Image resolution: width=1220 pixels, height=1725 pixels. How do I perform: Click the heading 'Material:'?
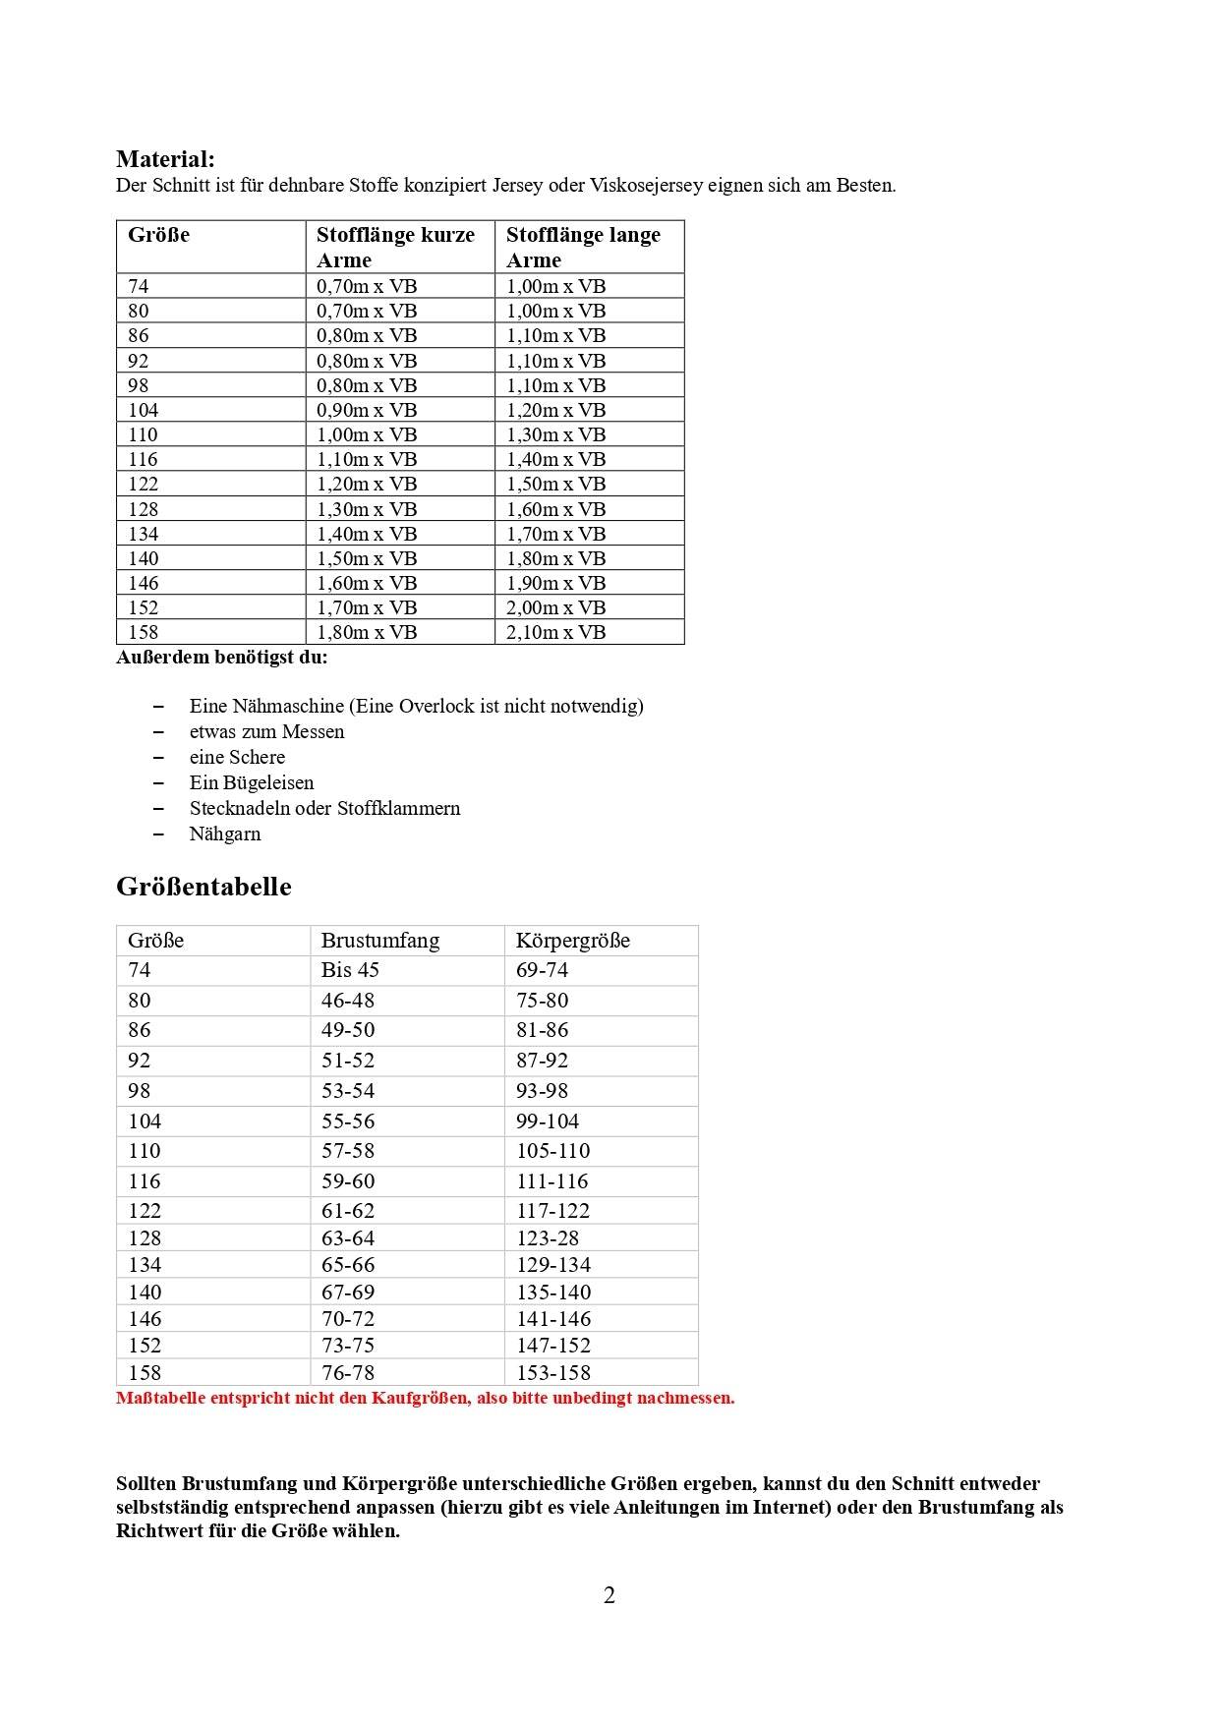tap(165, 159)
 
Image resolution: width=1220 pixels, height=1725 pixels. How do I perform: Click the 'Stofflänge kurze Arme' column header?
tap(395, 247)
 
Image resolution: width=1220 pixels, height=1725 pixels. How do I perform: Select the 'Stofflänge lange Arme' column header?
tap(583, 247)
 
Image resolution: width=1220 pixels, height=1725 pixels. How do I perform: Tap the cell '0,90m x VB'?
tap(367, 410)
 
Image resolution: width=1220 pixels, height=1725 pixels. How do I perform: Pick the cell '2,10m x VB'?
tap(555, 632)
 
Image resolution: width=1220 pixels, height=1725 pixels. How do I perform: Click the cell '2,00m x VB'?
tap(555, 607)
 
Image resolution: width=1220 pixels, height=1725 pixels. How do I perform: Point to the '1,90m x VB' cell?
tap(555, 583)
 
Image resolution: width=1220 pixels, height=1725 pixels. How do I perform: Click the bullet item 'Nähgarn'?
tap(225, 834)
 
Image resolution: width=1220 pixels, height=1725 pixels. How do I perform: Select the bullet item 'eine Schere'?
tap(237, 757)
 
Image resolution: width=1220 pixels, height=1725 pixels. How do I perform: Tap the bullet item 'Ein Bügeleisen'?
tap(252, 782)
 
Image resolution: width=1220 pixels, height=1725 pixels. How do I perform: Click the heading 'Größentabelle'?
tap(203, 887)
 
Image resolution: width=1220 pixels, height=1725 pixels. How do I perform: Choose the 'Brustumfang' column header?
tap(380, 940)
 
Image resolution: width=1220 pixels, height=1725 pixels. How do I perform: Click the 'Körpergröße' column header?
tap(573, 940)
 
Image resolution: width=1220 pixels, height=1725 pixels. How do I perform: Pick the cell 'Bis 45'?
tap(350, 970)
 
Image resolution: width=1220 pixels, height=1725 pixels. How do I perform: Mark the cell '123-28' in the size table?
tap(548, 1238)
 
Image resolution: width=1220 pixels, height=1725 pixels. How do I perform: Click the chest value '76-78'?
tap(348, 1372)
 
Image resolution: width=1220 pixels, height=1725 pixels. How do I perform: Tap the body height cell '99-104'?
tap(548, 1121)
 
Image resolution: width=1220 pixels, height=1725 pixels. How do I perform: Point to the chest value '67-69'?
tap(348, 1292)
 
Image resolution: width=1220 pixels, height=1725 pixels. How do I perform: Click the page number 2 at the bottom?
tap(610, 1595)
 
